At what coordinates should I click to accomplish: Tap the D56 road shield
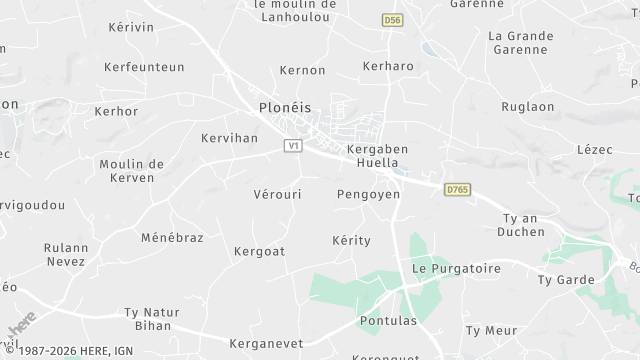click(392, 20)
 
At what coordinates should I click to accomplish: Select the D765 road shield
click(458, 187)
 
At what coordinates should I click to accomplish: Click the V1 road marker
click(293, 146)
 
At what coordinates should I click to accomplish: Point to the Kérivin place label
click(131, 27)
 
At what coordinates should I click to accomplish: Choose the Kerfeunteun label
click(144, 67)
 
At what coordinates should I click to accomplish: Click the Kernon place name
click(304, 71)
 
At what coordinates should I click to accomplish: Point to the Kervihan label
click(229, 138)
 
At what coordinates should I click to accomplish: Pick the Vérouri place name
click(278, 194)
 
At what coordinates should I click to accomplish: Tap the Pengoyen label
click(369, 194)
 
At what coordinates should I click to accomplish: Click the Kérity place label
click(351, 241)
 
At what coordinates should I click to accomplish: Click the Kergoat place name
click(259, 250)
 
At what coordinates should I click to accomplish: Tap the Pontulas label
click(386, 322)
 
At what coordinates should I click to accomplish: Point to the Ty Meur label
click(491, 330)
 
